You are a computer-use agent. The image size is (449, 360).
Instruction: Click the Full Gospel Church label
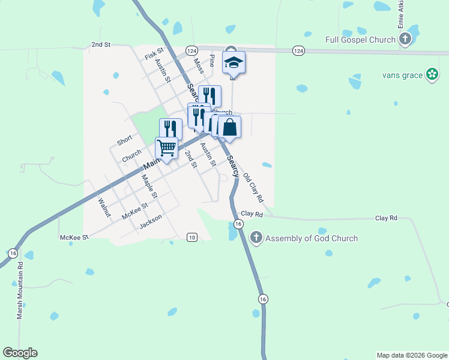tap(360, 40)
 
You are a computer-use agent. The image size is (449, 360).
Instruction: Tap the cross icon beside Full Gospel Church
tap(405, 40)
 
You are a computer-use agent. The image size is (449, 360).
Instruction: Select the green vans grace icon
tap(432, 74)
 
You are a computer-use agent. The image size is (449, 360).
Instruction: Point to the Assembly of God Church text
tap(312, 238)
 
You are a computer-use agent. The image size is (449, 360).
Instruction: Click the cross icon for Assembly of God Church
tap(256, 238)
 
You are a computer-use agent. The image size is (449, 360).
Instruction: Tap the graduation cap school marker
tap(234, 62)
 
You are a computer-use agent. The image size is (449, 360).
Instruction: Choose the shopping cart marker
tap(166, 147)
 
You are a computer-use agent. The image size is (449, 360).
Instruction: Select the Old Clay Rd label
tap(253, 187)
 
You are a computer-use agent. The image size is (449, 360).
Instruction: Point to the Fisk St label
tap(154, 54)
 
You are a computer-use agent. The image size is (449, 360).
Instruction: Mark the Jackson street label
tap(151, 221)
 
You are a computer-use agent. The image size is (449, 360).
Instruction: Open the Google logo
tap(20, 353)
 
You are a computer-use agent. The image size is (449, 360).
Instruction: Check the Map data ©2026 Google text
tap(412, 355)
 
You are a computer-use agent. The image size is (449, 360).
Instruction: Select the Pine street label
tap(211, 61)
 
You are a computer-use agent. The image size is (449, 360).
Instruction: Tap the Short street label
tap(124, 140)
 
